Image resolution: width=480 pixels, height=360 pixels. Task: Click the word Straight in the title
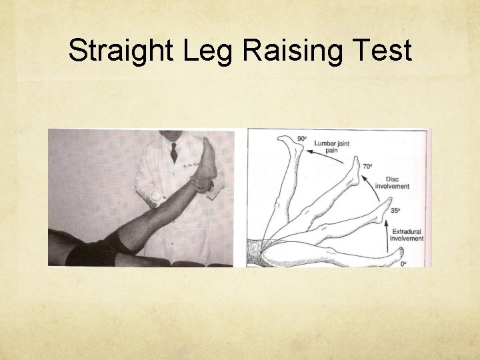tap(113, 51)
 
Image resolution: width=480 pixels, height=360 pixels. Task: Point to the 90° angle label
tap(302, 139)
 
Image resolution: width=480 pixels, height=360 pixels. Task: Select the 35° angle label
tap(395, 210)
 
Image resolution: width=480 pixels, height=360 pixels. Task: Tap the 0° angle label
tap(403, 264)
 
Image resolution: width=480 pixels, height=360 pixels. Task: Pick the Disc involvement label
tap(391, 183)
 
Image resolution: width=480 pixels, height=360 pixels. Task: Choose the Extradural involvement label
tap(407, 235)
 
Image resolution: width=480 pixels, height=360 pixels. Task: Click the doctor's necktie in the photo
tap(174, 151)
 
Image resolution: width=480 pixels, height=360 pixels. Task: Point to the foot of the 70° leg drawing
tap(353, 171)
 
